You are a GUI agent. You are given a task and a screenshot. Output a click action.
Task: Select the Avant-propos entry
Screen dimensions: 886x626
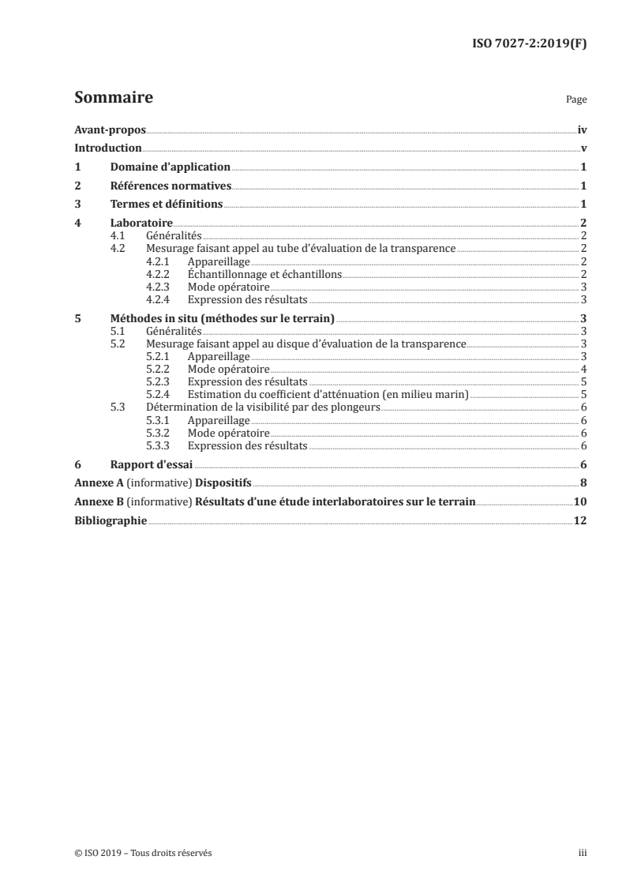coord(110,130)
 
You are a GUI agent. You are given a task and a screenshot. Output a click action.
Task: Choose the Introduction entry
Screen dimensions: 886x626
coord(107,148)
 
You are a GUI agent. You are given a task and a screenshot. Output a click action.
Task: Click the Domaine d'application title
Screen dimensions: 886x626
coord(170,167)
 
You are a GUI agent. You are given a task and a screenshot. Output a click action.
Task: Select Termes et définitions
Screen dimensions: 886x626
coord(166,205)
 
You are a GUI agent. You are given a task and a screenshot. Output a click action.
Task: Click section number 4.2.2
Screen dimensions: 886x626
coord(159,274)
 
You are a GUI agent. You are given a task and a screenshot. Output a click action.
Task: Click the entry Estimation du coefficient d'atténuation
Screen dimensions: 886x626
coord(328,394)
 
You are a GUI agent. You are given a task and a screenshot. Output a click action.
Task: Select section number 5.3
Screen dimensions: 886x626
coord(118,407)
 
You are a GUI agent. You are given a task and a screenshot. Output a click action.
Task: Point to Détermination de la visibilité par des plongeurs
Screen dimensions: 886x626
coord(264,407)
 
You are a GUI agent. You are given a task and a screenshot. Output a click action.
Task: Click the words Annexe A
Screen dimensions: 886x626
coord(95,483)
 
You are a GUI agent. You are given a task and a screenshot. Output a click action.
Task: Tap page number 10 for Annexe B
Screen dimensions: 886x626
coord(579,502)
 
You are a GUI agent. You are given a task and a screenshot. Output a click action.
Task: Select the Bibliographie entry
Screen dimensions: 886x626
coord(110,521)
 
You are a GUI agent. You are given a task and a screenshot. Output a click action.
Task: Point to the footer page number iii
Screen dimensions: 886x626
coord(583,853)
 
